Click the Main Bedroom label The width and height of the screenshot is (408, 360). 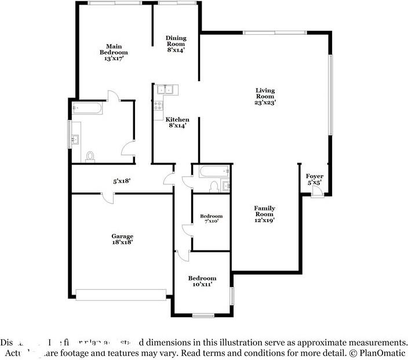112,52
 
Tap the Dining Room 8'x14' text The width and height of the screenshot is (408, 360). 176,43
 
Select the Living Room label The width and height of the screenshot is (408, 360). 265,96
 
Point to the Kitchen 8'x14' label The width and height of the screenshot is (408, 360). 177,122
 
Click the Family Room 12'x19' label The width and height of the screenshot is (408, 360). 264,214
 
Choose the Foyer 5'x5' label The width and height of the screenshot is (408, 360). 315,179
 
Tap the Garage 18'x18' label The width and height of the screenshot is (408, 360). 122,239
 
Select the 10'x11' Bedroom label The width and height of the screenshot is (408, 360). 202,281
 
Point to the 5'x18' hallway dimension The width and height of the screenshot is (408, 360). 122,181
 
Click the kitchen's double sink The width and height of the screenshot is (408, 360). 166,89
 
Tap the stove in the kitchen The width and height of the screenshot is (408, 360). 158,106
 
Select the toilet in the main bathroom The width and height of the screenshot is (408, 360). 90,157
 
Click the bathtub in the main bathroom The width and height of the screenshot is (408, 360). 87,108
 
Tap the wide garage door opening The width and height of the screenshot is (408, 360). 123,294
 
